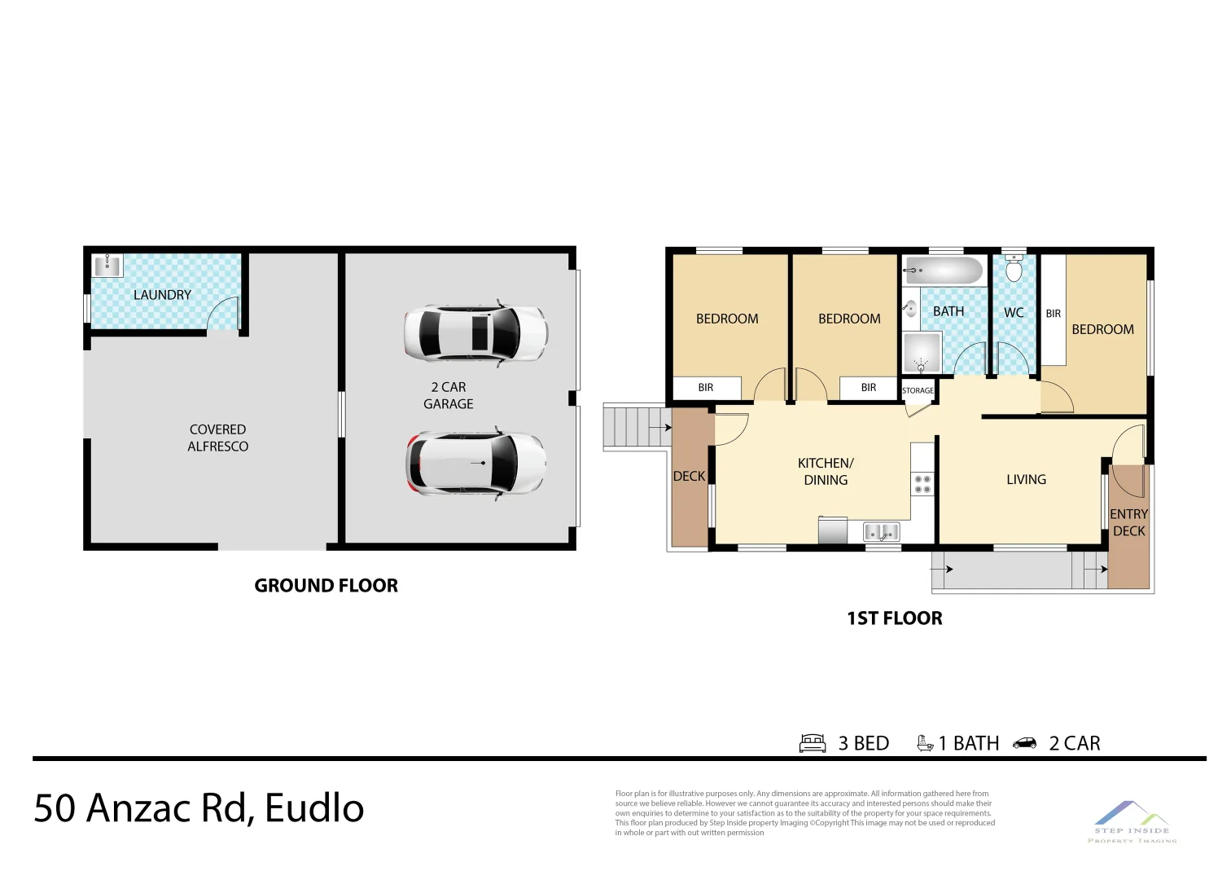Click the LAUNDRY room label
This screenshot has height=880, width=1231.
[162, 295]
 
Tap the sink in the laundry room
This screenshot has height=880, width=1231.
[107, 266]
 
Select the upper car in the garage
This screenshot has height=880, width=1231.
[475, 333]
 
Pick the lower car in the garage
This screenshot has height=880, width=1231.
[475, 463]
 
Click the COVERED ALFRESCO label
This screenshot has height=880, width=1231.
[217, 438]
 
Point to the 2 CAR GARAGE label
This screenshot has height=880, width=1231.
[448, 395]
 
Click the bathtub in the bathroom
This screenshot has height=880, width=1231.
[944, 271]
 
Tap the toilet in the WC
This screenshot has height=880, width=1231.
[1014, 268]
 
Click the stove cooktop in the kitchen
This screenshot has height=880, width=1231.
[922, 484]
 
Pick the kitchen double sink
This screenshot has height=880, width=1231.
[881, 532]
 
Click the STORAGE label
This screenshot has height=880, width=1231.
[918, 391]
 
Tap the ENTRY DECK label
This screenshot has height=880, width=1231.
[1128, 522]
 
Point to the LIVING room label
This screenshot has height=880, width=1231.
[1026, 480]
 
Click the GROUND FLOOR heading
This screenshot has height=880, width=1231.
[326, 586]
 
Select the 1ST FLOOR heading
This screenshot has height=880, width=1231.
[894, 618]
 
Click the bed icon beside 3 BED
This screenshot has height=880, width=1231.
[813, 743]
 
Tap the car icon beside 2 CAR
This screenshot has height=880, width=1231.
[1024, 743]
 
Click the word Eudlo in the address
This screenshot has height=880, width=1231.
[314, 808]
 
